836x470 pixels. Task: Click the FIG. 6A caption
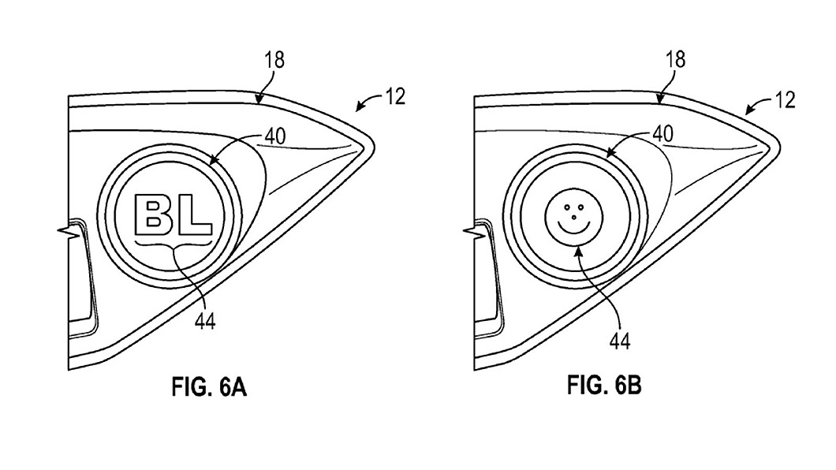coord(209,387)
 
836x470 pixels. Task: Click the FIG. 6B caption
coord(604,384)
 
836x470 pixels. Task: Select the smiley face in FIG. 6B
coord(573,217)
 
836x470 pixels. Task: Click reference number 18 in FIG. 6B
coord(676,59)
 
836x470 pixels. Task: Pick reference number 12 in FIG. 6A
coord(394,96)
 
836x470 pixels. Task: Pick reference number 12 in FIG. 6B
coord(785,99)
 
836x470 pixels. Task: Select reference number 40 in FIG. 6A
coord(275,136)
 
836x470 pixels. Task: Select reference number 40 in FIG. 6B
coord(662,134)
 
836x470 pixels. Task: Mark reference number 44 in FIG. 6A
coord(205,321)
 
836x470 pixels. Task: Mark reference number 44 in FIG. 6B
coord(620,341)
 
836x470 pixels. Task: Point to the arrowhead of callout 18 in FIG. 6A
coord(259,100)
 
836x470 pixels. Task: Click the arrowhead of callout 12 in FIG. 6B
coord(748,111)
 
